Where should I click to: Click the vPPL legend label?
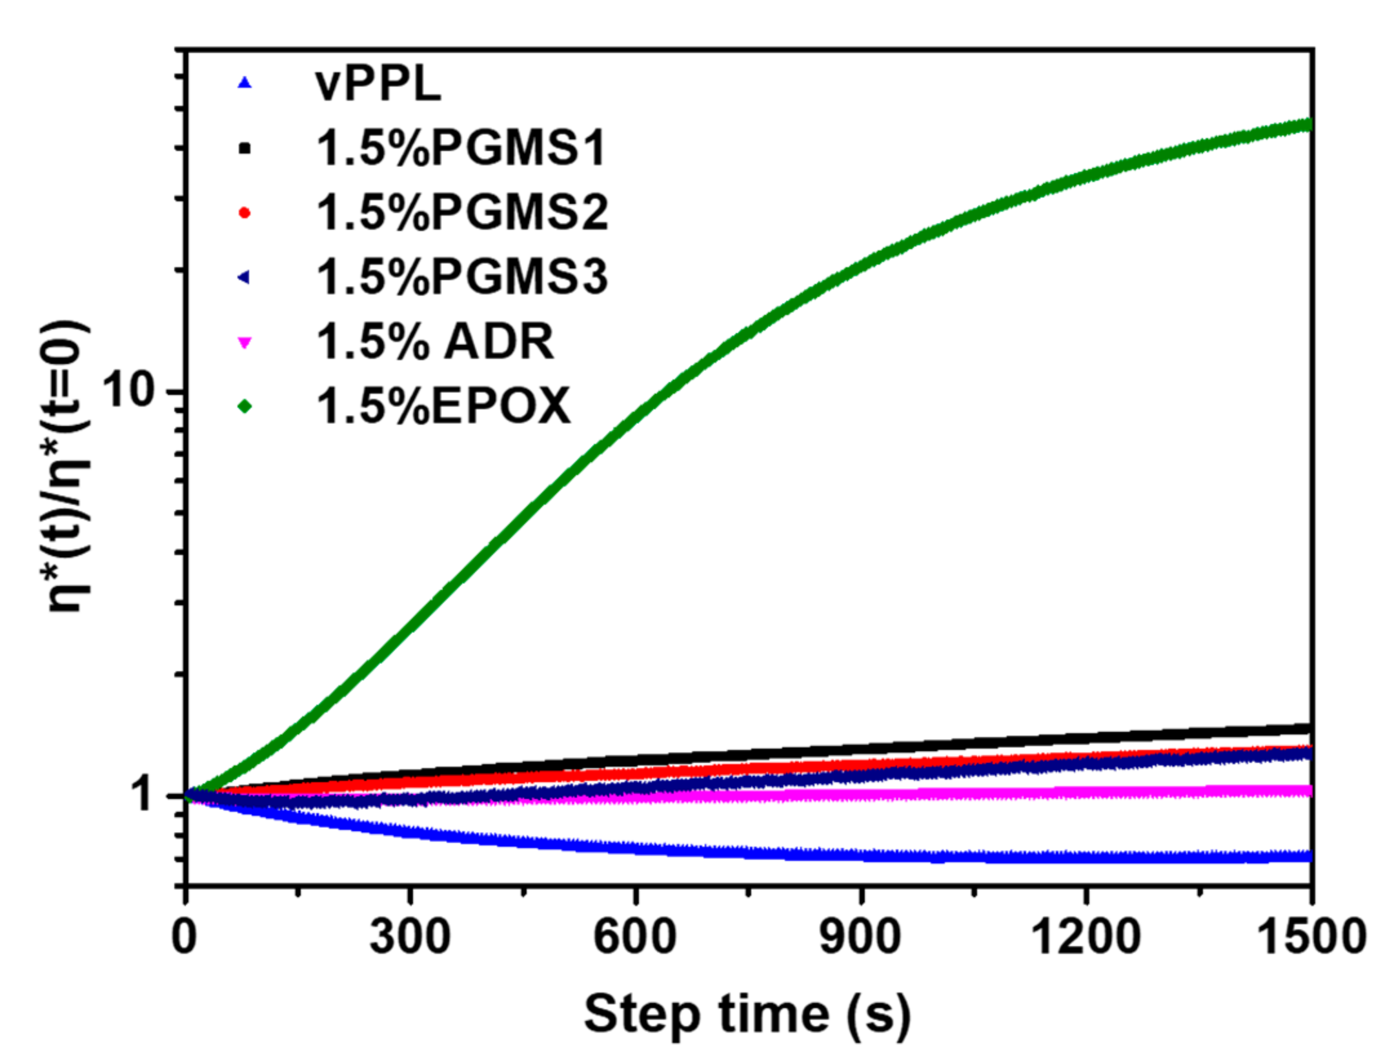point(378,84)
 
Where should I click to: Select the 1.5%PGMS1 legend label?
point(461,148)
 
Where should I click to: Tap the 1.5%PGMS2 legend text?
point(462,212)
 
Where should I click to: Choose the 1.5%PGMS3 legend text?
point(462,277)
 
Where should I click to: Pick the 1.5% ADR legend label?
point(434,341)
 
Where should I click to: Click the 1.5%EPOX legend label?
point(443,406)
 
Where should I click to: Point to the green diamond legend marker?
point(245,406)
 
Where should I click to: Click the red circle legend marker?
point(245,212)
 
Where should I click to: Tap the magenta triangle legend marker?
point(245,342)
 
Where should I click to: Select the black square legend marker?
point(245,148)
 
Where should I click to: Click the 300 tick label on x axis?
point(410,937)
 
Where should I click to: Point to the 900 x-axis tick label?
point(860,937)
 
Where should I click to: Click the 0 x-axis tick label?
point(185,937)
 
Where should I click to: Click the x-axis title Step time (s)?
point(747,1015)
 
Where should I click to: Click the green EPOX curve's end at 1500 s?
point(1309,125)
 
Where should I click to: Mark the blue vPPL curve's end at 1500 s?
point(1309,856)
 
